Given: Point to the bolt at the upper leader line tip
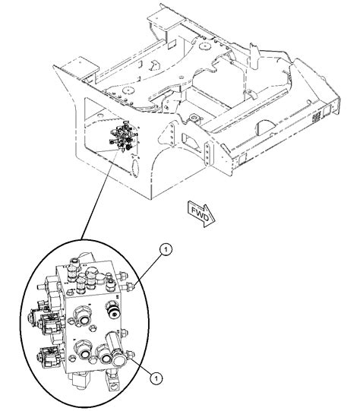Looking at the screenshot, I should click(x=134, y=284).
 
